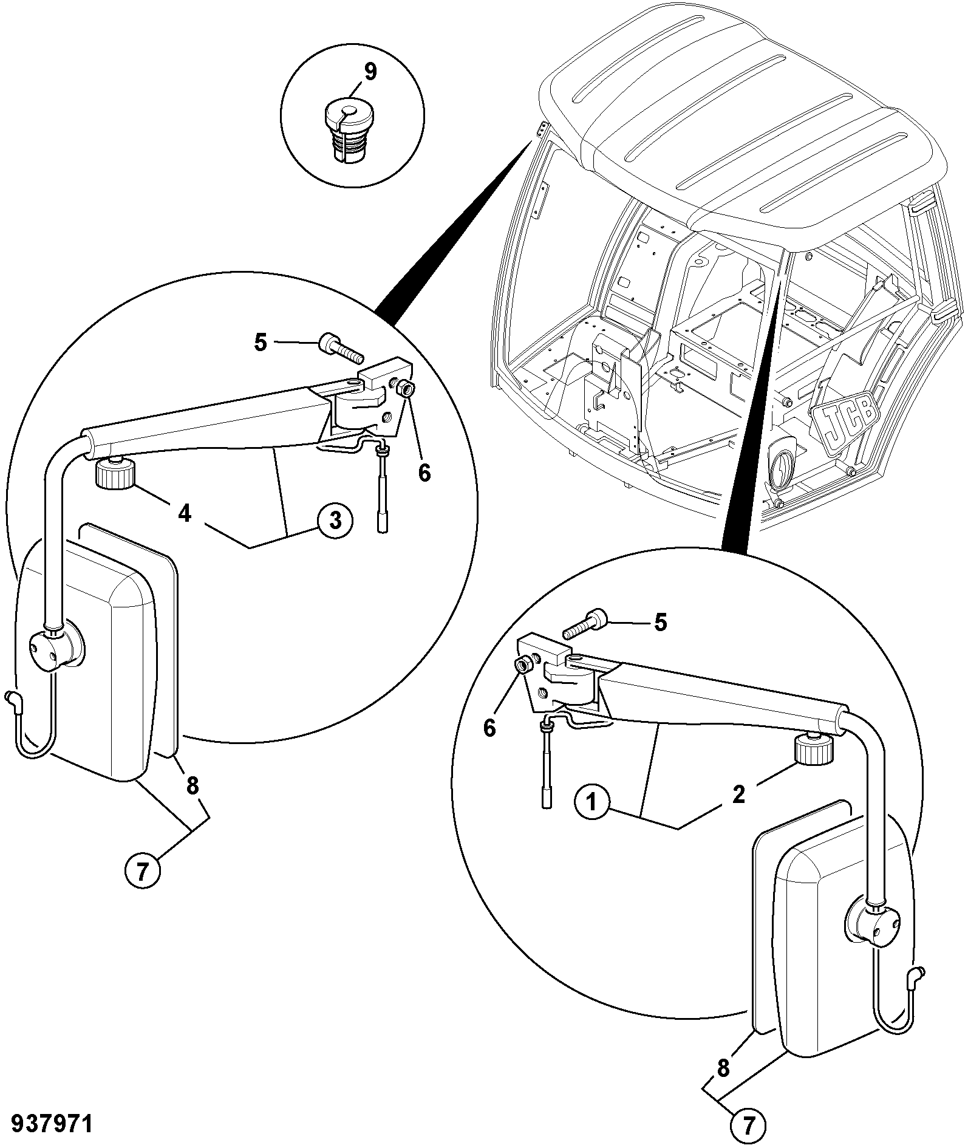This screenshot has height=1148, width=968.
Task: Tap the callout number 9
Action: coord(370,72)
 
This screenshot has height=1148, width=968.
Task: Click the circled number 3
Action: coord(333,521)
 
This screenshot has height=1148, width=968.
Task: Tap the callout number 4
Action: coord(185,513)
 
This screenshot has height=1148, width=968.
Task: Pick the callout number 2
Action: coord(738,794)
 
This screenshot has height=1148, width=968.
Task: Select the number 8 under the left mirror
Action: coord(192,787)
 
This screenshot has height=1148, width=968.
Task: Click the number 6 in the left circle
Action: coord(424,472)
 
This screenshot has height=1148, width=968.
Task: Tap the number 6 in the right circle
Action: coord(489,727)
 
